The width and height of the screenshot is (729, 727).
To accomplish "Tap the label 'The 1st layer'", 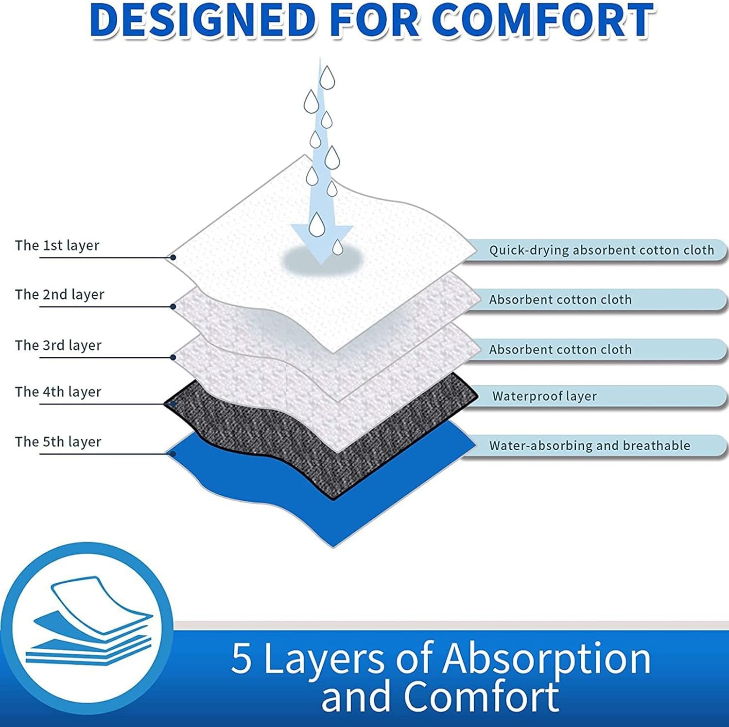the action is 57,245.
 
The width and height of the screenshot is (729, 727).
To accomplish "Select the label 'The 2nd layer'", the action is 59,294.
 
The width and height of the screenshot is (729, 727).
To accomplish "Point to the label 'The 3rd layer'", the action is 58,345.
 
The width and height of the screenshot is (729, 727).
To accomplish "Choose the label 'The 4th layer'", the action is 58,392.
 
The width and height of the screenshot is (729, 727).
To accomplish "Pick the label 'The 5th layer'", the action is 58,442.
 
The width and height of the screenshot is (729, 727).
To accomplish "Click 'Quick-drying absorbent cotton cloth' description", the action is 601,250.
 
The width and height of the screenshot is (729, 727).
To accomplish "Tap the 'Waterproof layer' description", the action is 544,396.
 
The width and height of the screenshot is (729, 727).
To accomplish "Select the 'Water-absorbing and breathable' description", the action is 590,446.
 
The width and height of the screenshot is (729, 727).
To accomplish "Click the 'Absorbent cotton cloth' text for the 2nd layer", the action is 560,300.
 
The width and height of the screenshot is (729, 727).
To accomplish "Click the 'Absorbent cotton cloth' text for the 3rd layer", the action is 560,350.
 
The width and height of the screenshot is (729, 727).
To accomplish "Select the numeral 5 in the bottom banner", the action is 242,658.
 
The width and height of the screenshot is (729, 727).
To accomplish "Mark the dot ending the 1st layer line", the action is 173,257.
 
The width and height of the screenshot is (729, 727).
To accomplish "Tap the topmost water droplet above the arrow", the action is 327,78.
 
